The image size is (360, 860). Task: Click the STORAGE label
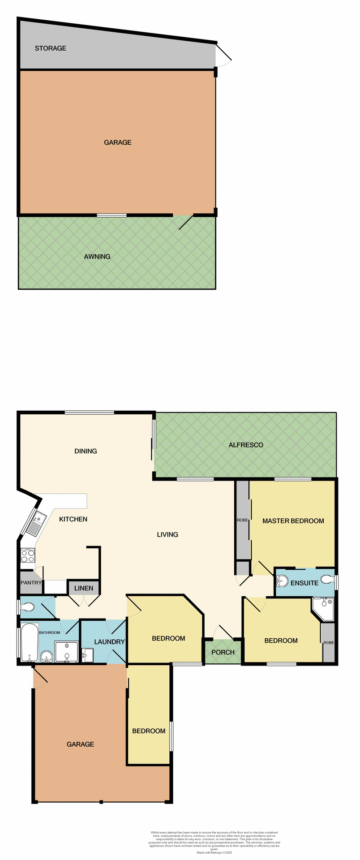pos(51,48)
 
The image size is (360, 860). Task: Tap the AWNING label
pos(97,257)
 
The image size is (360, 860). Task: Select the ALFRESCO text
pos(246,445)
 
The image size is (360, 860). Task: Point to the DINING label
pos(86,451)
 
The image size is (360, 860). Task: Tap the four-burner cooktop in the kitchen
pos(28,556)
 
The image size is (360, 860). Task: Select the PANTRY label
pos(31,583)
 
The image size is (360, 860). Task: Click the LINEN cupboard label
pos(84,588)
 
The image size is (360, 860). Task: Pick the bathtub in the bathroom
pos(29,641)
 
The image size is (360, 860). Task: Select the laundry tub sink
pos(87,655)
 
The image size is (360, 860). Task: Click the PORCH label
pos(223,652)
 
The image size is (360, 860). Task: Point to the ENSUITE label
pos(304,583)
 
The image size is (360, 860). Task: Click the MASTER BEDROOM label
pos(293,521)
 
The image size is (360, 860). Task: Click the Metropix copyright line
pos(214,852)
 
